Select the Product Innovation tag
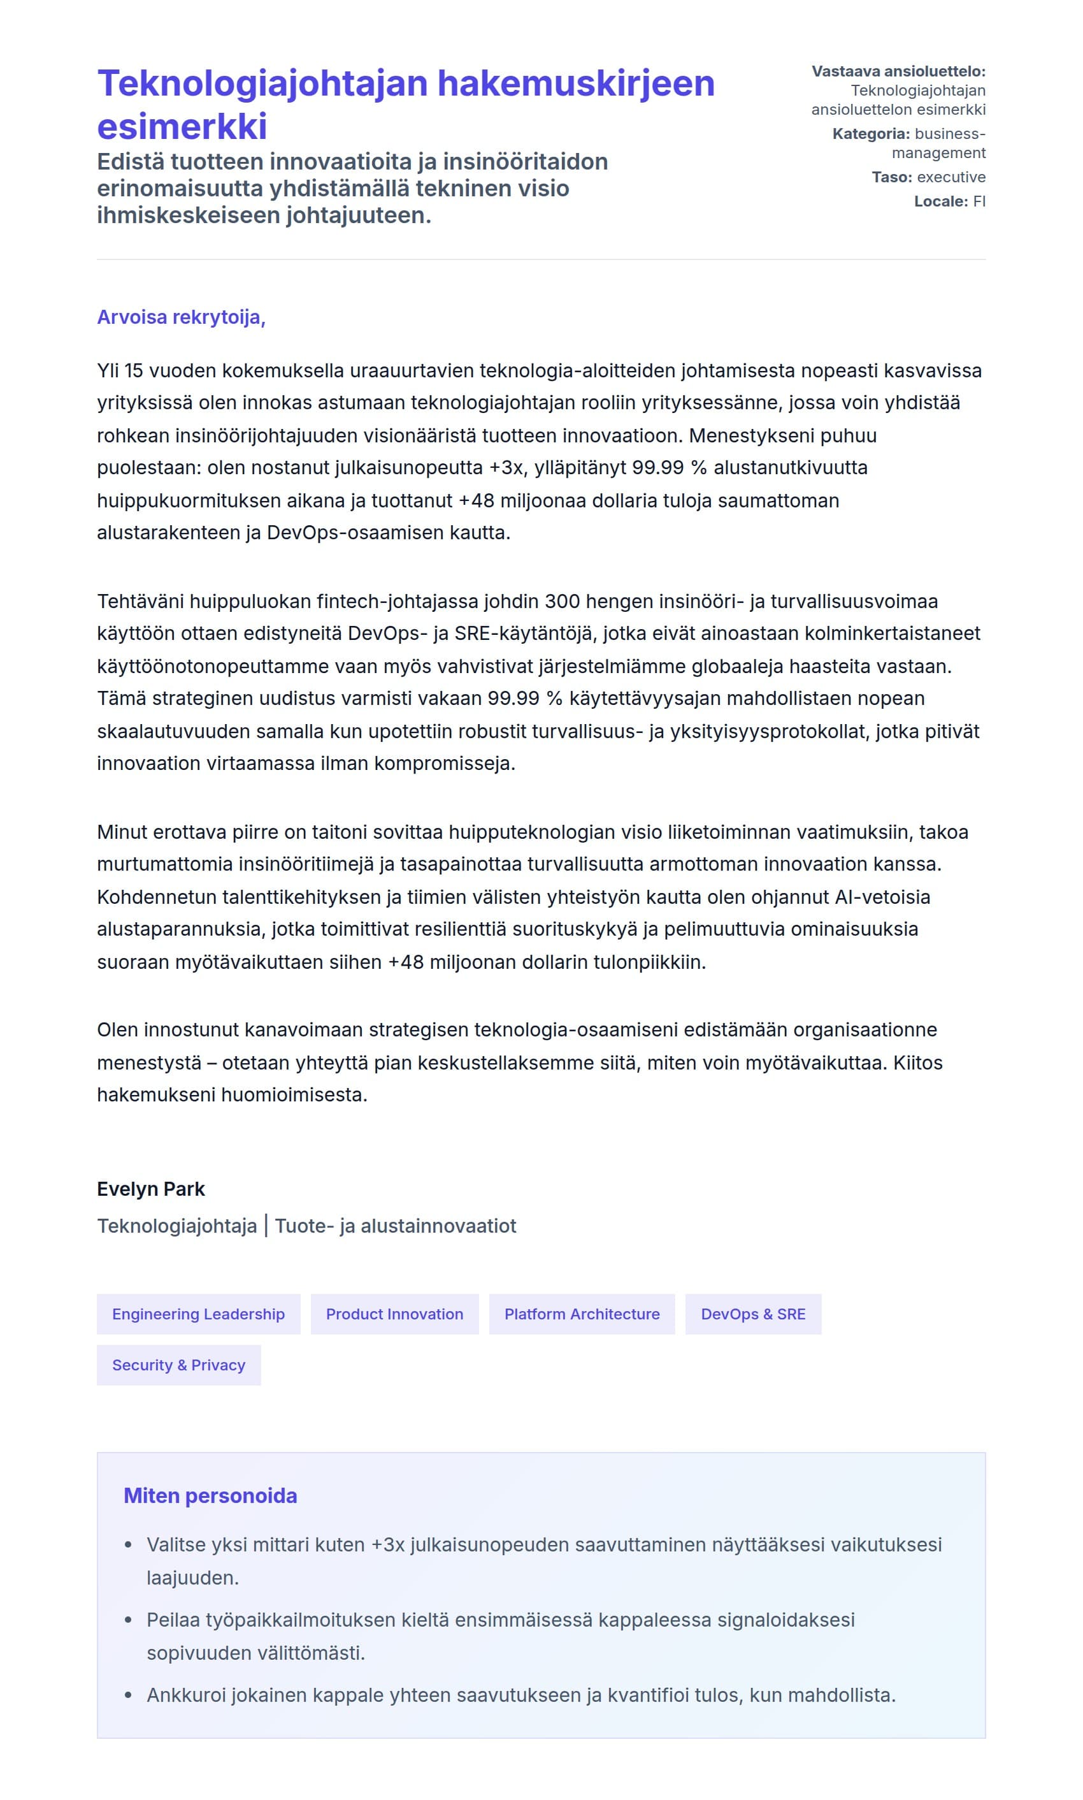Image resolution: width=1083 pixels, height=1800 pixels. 394,1314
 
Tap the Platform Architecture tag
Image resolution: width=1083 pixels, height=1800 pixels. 582,1314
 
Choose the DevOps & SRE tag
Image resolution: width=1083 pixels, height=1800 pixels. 752,1314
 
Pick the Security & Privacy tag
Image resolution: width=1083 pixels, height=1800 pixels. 178,1365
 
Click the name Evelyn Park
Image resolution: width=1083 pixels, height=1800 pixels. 150,1189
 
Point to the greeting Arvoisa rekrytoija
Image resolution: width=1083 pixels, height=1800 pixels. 180,317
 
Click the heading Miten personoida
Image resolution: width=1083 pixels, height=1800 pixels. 210,1495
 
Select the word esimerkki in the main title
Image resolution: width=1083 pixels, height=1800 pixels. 182,126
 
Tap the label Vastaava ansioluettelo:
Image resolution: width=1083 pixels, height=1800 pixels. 898,71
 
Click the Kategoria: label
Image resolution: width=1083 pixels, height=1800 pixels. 871,134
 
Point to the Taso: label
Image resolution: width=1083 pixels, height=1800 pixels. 892,177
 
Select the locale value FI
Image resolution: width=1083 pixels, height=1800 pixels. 979,201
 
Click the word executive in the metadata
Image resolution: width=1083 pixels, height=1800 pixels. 951,177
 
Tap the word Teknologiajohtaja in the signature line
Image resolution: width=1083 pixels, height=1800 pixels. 176,1226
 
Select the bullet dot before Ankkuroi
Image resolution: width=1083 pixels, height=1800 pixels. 129,1694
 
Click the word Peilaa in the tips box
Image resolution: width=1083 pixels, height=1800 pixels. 173,1620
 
